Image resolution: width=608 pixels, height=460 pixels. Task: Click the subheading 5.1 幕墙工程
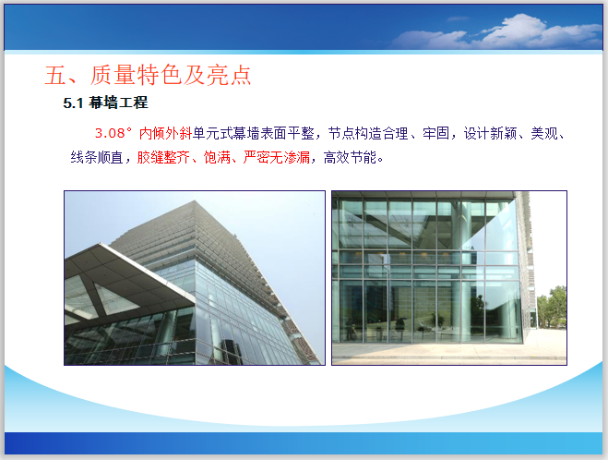point(105,103)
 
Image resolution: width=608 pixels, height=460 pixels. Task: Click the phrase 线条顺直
point(100,158)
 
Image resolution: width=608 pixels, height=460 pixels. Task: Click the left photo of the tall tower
point(194,277)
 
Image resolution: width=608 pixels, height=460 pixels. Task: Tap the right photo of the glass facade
point(448,277)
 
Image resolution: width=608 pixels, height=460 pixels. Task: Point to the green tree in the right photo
point(555,309)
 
